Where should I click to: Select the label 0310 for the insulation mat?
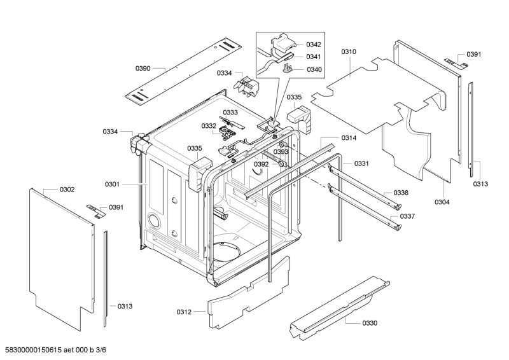click(x=349, y=51)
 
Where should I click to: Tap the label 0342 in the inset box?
click(x=314, y=45)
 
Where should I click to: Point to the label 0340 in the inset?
click(x=314, y=69)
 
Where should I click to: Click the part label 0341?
click(x=314, y=57)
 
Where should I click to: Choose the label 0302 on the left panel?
click(x=67, y=190)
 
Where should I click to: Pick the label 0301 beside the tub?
click(x=112, y=184)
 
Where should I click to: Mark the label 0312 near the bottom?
click(x=184, y=312)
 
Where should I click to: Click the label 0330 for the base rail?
click(x=369, y=323)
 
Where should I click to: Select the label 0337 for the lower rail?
click(x=407, y=216)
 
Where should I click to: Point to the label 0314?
click(x=349, y=138)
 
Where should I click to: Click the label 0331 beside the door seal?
click(x=362, y=163)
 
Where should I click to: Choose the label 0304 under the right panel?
click(x=442, y=202)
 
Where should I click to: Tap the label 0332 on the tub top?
click(x=209, y=126)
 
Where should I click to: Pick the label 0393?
click(x=281, y=152)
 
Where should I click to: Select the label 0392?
click(x=261, y=164)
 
